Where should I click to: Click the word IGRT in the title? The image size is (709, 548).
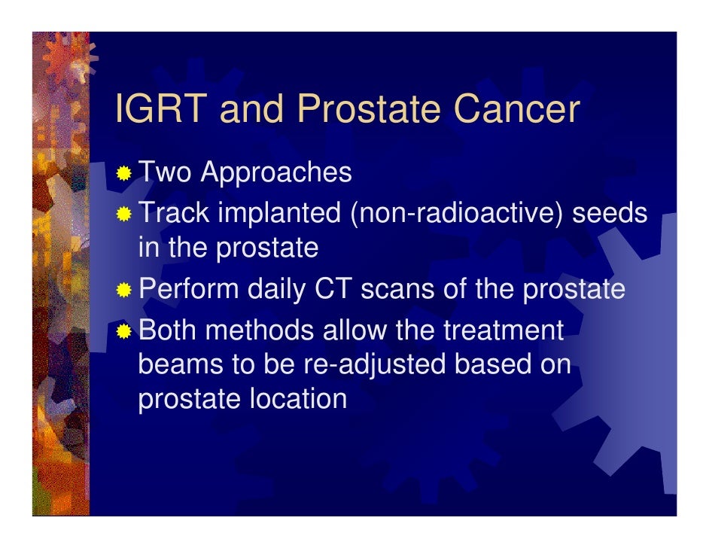[x=161, y=108]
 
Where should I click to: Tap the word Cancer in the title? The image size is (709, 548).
[x=516, y=108]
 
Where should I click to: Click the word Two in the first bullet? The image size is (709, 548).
[x=165, y=172]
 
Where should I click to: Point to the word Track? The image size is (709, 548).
[x=174, y=212]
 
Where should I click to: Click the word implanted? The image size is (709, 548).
[x=279, y=214]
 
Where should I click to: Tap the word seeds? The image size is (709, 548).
[x=610, y=212]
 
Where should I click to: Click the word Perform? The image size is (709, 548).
[x=188, y=288]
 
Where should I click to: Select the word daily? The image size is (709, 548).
[x=276, y=290]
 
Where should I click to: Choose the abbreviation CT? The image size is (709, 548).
[x=333, y=288]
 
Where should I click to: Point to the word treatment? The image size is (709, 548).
[x=504, y=330]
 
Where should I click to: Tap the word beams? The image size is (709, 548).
[x=181, y=364]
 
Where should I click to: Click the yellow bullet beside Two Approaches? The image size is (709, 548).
[x=123, y=173]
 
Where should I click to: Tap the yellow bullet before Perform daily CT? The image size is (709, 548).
[x=123, y=290]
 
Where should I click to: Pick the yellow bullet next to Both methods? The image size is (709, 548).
[x=123, y=331]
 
